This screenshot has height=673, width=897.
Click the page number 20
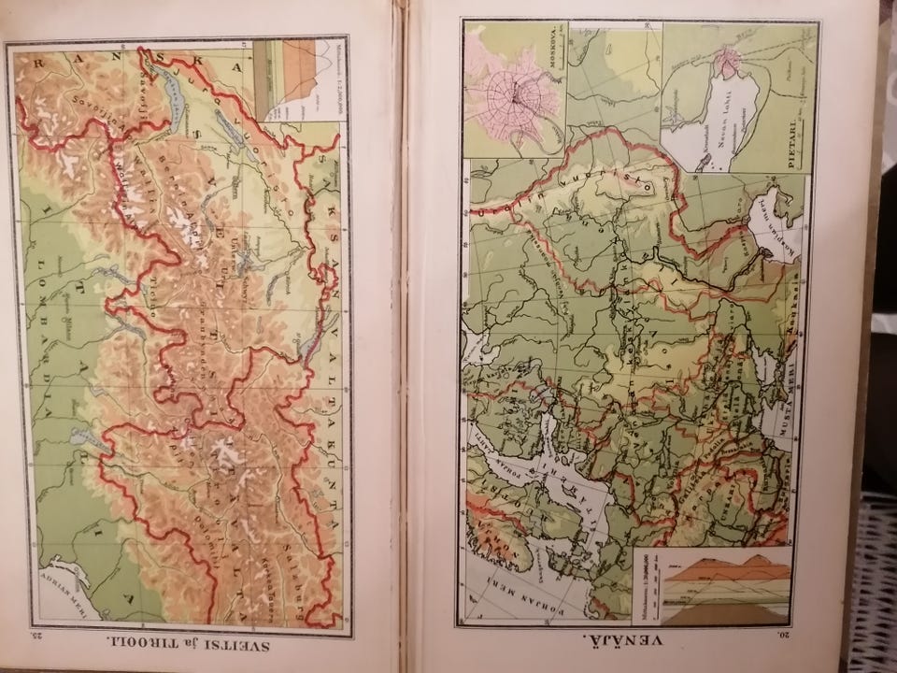(x=797, y=638)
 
